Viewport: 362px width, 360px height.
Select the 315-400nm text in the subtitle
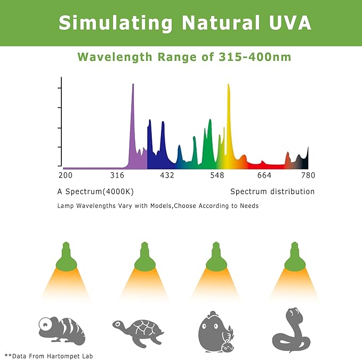255,57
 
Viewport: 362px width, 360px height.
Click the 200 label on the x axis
65,175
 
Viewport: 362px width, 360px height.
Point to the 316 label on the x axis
117,175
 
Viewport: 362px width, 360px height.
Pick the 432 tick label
167,175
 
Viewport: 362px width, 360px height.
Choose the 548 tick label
217,175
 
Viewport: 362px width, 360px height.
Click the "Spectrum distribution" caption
272,191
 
